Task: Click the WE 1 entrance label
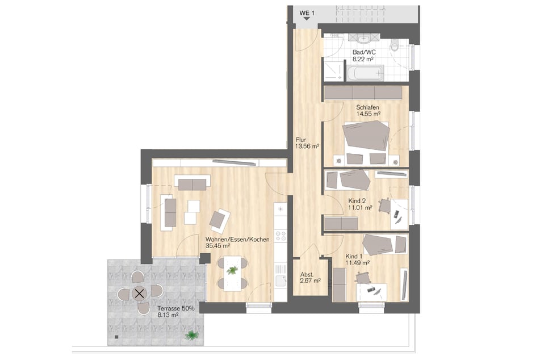[x=307, y=13]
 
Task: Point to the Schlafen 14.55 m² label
[x=368, y=111]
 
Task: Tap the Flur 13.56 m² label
[x=307, y=143]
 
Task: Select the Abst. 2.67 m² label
[x=310, y=278]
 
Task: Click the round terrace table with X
[x=140, y=294]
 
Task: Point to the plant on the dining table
[x=232, y=270]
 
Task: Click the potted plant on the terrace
[x=191, y=335]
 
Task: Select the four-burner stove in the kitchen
[x=281, y=236]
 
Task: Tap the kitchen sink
[x=281, y=281]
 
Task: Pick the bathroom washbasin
[x=363, y=39]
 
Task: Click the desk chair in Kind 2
[x=384, y=206]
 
